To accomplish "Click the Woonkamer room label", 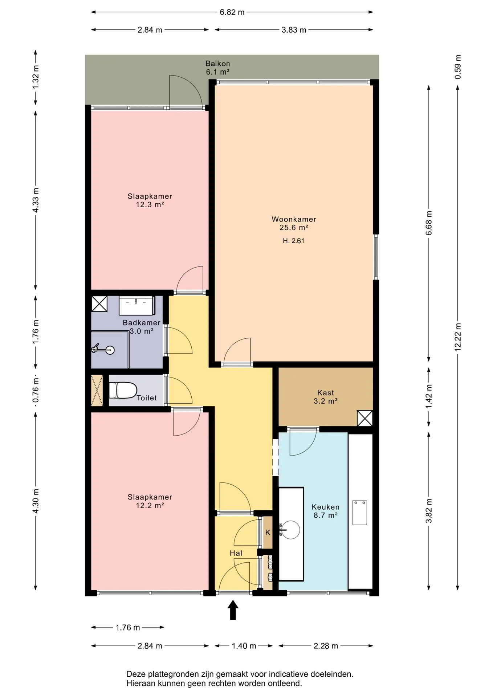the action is click(294, 219).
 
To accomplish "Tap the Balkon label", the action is click(217, 64).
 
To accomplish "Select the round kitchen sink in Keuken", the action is click(290, 530).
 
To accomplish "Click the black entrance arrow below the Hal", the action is click(233, 610).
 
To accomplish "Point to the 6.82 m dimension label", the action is click(232, 12).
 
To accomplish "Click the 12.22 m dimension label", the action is click(458, 337).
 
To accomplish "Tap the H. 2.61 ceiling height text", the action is click(294, 241).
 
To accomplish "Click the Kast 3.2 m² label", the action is click(326, 397).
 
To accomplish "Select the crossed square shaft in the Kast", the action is click(365, 418).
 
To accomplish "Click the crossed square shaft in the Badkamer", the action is click(99, 304).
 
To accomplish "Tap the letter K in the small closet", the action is click(268, 533).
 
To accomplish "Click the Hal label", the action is click(236, 553).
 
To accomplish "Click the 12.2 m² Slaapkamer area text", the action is click(150, 505).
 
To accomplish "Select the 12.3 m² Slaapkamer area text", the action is click(150, 204).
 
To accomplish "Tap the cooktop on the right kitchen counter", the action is click(359, 513).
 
